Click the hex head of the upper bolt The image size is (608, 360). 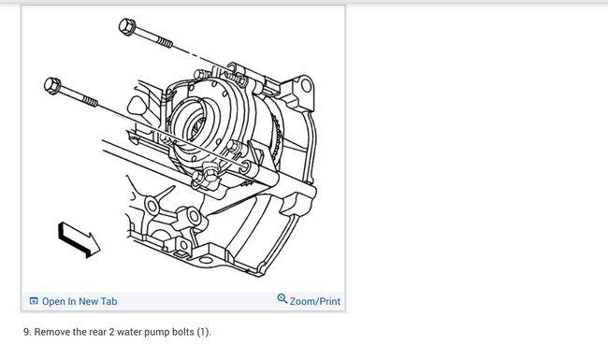(x=127, y=27)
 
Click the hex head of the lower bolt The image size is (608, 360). (x=52, y=86)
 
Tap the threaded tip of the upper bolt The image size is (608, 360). (x=166, y=42)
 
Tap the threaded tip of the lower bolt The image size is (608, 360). (x=91, y=102)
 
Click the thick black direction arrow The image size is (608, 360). (x=80, y=239)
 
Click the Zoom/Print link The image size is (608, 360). (x=315, y=301)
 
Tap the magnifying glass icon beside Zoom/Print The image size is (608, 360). (x=282, y=299)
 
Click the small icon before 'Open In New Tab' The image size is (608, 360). (x=34, y=301)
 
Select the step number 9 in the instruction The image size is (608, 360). (x=27, y=332)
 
